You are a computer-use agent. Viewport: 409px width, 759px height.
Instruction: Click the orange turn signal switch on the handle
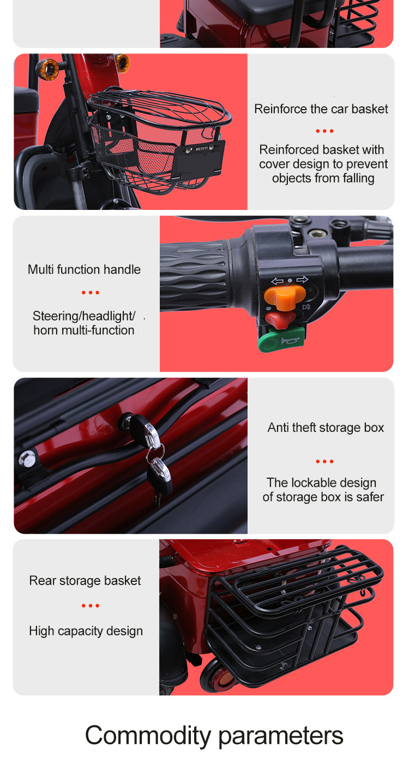[x=284, y=297]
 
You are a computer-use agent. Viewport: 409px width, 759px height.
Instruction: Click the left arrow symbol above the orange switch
[x=277, y=281]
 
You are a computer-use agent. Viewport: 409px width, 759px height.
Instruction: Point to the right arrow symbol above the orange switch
[x=302, y=280]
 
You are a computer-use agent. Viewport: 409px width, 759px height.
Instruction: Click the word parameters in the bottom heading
[x=281, y=736]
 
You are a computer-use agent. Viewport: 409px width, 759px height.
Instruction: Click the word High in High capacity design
[x=41, y=631]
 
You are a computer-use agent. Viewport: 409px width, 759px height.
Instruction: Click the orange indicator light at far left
[x=49, y=69]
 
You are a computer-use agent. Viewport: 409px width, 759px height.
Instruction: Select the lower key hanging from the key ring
[x=160, y=475]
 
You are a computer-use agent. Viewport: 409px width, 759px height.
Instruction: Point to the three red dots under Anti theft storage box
[x=324, y=461]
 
